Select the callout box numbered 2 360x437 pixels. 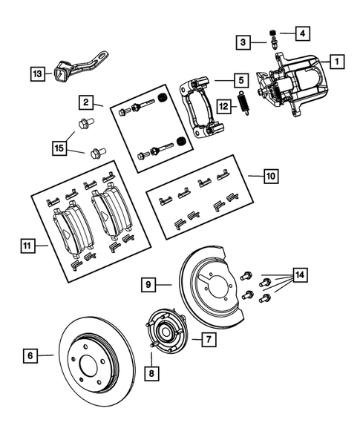coord(87,102)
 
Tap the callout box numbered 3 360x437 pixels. coord(243,43)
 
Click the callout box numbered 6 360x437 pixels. coord(30,357)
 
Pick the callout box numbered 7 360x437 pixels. coord(209,339)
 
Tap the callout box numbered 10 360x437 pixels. coord(271,177)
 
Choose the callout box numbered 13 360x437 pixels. coord(37,73)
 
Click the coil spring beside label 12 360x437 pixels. coord(243,104)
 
